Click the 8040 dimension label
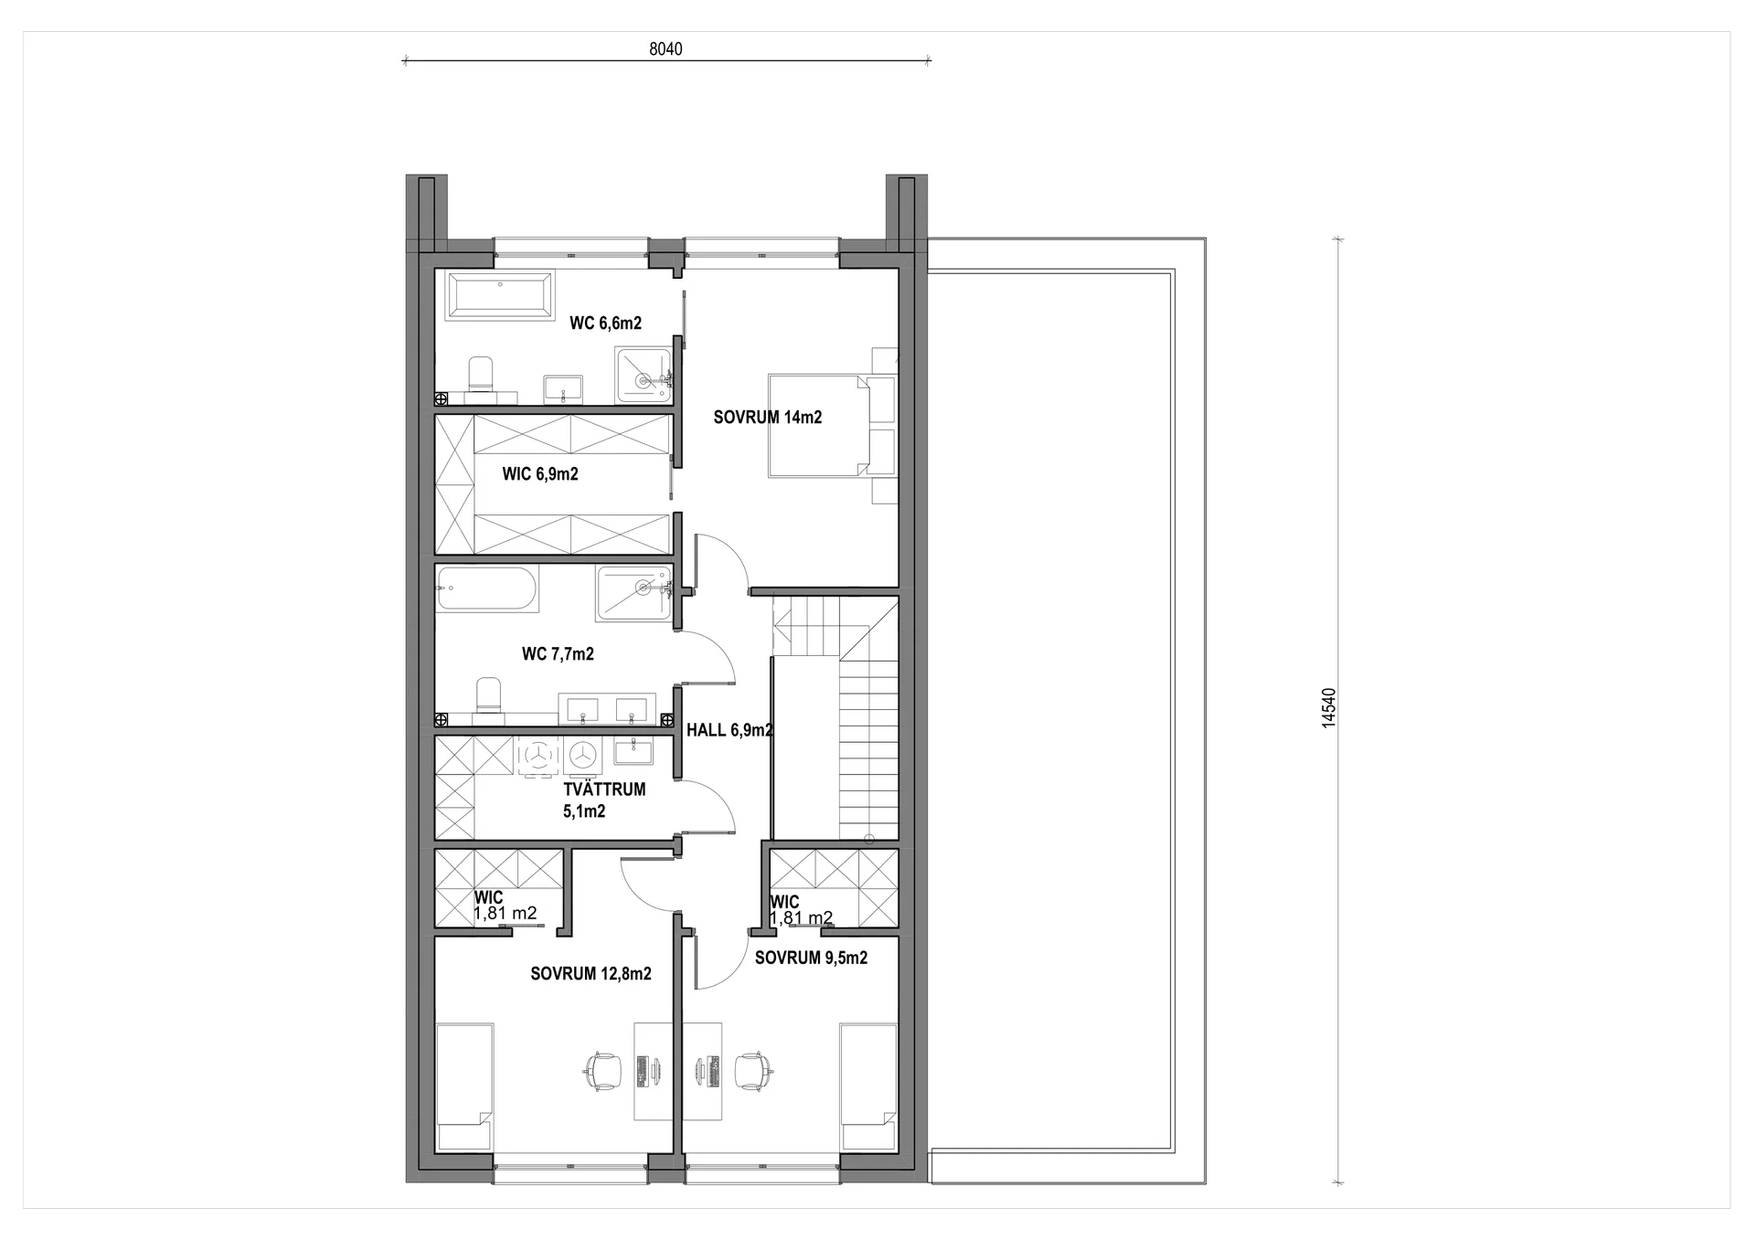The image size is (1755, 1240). [x=665, y=49]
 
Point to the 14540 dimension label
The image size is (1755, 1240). [x=1329, y=708]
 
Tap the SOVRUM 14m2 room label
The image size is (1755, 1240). [x=768, y=418]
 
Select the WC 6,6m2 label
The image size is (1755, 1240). [x=605, y=323]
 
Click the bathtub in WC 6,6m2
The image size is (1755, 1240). [x=499, y=295]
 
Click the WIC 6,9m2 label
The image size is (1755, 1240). [x=540, y=474]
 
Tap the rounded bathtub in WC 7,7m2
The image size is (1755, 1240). [x=488, y=588]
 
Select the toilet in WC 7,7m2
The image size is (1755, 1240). [x=489, y=697]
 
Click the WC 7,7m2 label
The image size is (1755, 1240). [x=558, y=654]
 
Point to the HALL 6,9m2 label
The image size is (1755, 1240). [x=729, y=730]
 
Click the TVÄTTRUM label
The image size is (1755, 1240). [x=604, y=790]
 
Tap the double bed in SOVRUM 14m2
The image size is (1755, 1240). [x=819, y=425]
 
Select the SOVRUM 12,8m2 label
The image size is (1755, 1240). [x=590, y=974]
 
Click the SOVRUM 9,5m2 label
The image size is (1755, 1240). [x=811, y=958]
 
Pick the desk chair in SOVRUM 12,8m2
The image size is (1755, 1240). [x=602, y=1070]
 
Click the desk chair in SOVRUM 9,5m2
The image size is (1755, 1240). [x=754, y=1070]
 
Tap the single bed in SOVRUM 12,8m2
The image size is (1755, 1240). [x=465, y=1086]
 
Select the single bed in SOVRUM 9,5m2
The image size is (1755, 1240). [x=868, y=1086]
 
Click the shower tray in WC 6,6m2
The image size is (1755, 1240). [x=643, y=375]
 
